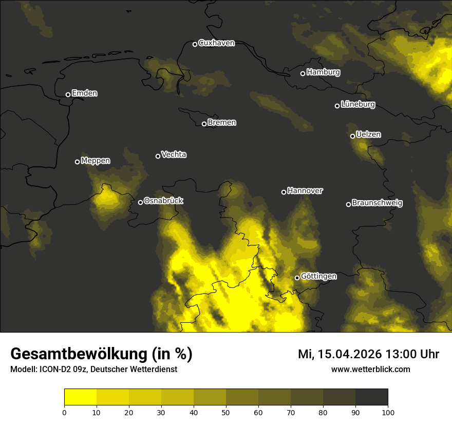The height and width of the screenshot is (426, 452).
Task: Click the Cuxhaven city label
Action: (x=216, y=43)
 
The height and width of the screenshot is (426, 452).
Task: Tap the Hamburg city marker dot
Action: (x=303, y=73)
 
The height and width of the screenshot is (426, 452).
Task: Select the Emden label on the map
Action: (x=84, y=93)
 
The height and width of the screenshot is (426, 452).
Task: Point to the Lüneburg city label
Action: (x=357, y=105)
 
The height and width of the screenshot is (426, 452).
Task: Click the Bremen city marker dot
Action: (x=204, y=124)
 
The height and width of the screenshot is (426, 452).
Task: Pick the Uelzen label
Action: (x=368, y=134)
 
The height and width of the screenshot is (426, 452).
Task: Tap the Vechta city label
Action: (x=174, y=154)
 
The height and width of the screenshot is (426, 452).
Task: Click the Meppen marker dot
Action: (x=77, y=162)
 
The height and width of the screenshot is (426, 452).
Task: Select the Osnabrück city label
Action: (x=163, y=201)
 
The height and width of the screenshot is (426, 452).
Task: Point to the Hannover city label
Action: (x=305, y=191)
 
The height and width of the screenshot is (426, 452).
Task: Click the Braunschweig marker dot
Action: (x=348, y=204)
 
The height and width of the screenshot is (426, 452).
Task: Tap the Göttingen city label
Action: (x=318, y=277)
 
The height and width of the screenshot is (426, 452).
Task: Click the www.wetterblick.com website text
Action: (x=370, y=369)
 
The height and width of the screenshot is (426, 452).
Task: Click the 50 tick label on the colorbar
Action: (x=226, y=412)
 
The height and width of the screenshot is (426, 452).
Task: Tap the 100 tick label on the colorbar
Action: (x=388, y=412)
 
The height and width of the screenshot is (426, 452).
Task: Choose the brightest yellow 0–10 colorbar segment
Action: (x=80, y=397)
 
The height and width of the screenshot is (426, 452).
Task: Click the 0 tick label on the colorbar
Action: (x=64, y=412)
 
